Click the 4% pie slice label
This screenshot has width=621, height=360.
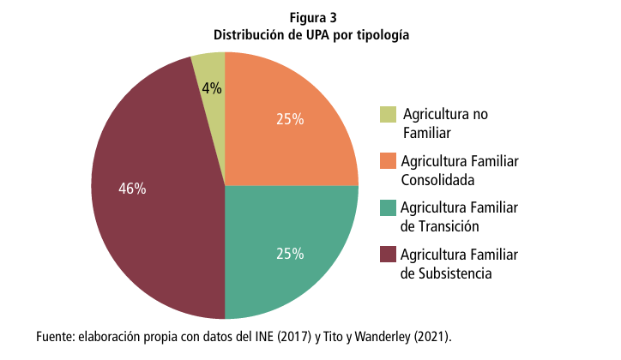[212, 87]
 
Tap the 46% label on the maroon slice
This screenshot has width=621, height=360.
[131, 189]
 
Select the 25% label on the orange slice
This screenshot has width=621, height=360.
[290, 119]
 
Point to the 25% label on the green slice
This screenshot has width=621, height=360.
[290, 253]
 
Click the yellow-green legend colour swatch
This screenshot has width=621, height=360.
[388, 115]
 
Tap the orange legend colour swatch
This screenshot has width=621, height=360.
[388, 161]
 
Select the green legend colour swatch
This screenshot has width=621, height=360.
[388, 208]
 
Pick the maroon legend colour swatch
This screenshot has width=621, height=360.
[388, 255]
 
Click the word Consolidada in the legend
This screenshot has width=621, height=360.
[437, 180]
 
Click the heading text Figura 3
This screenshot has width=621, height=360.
[310, 18]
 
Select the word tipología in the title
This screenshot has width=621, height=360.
[381, 36]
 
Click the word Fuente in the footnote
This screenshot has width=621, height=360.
[55, 335]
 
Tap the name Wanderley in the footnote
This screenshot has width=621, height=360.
[376, 335]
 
